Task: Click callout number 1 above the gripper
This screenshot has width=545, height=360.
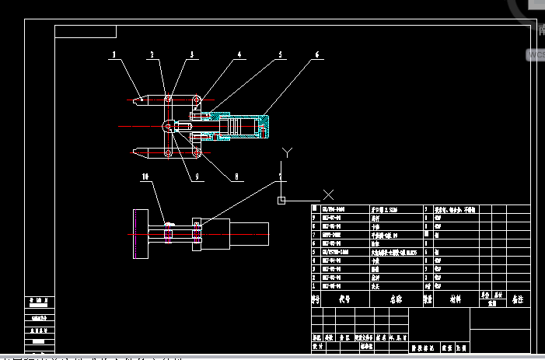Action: [114, 55]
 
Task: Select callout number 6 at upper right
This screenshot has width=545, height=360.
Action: [316, 55]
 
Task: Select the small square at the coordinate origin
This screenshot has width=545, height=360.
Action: [281, 200]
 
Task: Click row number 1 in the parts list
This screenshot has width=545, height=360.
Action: [316, 285]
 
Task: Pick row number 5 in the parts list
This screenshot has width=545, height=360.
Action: [316, 252]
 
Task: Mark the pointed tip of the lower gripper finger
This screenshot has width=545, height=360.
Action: [135, 152]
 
